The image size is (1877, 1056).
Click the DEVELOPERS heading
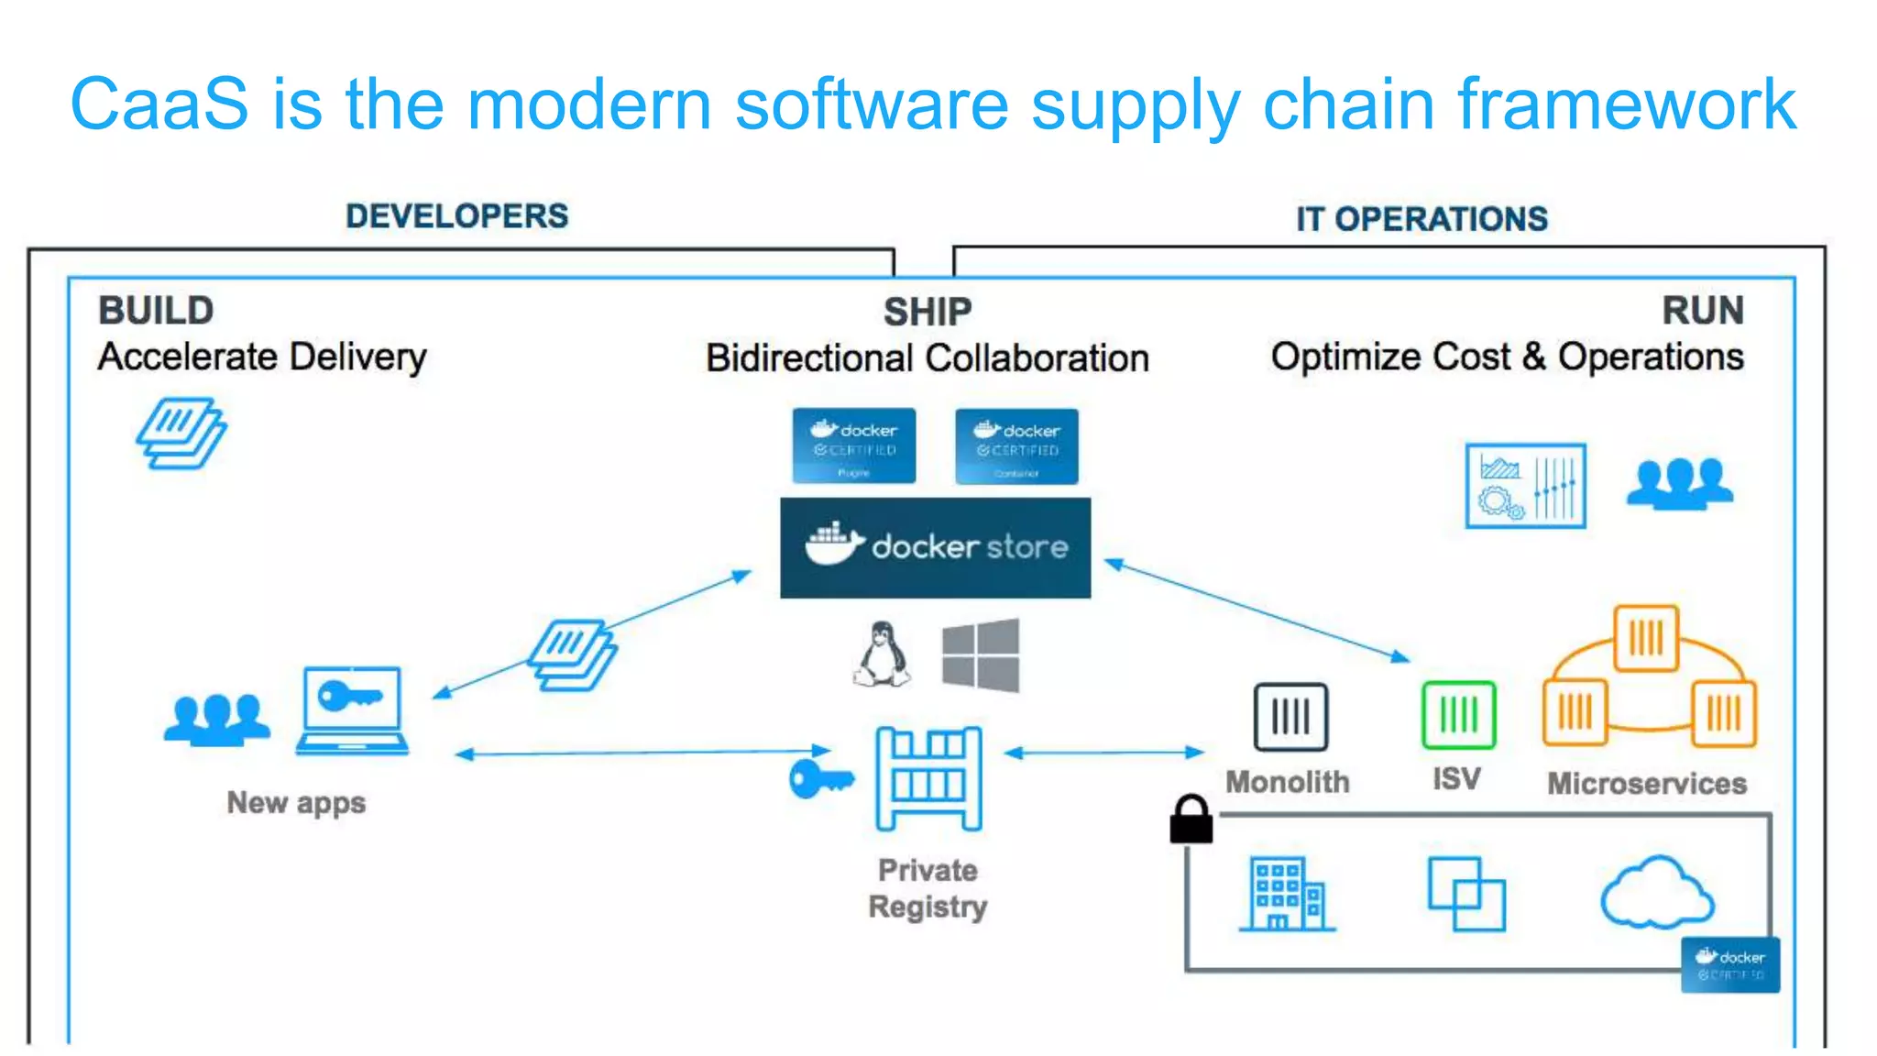pyautogui.click(x=456, y=216)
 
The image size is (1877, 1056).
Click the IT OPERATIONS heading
pyautogui.click(x=1421, y=219)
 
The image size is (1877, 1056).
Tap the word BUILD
pyautogui.click(x=156, y=311)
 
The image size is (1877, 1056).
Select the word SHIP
pyautogui.click(x=927, y=313)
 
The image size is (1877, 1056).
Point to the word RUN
pyautogui.click(x=1702, y=311)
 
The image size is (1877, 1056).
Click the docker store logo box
pyautogui.click(x=935, y=548)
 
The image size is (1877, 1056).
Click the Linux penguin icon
pyautogui.click(x=882, y=654)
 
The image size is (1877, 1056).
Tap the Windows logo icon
pyautogui.click(x=981, y=654)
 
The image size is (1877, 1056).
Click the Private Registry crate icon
pyautogui.click(x=928, y=779)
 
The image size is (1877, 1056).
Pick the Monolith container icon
pyautogui.click(x=1290, y=717)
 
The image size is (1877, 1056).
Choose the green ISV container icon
pyautogui.click(x=1458, y=715)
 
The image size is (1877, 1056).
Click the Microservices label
pyautogui.click(x=1646, y=784)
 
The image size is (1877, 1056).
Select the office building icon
pyautogui.click(x=1287, y=894)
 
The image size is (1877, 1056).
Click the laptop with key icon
pyautogui.click(x=352, y=710)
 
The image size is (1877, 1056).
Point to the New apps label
pyautogui.click(x=296, y=803)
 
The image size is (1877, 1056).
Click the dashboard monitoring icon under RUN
pyautogui.click(x=1525, y=486)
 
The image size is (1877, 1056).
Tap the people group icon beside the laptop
pyautogui.click(x=217, y=719)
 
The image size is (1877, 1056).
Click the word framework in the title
pyautogui.click(x=1626, y=104)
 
